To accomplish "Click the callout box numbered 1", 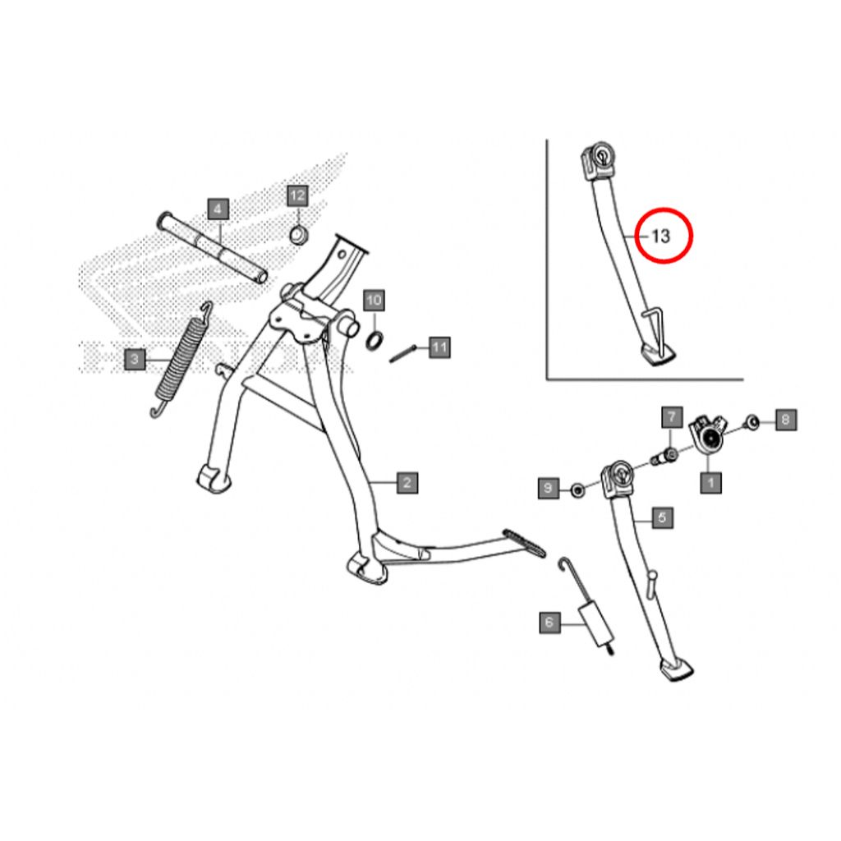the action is [x=710, y=483].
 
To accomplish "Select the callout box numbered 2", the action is [x=407, y=483].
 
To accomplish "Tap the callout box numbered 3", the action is [x=135, y=360].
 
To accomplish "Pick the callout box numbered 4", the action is [x=218, y=209].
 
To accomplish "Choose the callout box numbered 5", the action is [x=662, y=517].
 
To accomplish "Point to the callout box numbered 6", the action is [x=549, y=623].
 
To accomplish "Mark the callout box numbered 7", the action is [x=672, y=416].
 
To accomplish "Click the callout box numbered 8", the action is [x=786, y=420].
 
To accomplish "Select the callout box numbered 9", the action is [x=548, y=488].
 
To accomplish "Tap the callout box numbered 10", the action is [x=374, y=301].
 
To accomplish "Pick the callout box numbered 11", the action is [x=439, y=347].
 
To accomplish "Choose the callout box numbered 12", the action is [x=297, y=195].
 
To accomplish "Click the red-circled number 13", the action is [x=664, y=236].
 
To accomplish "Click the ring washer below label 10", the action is [x=375, y=341].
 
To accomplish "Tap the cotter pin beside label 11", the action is [x=403, y=354].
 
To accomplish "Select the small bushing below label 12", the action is [x=298, y=235].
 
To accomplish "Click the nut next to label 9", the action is [x=577, y=489].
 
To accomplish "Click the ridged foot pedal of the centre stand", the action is [x=524, y=542].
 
